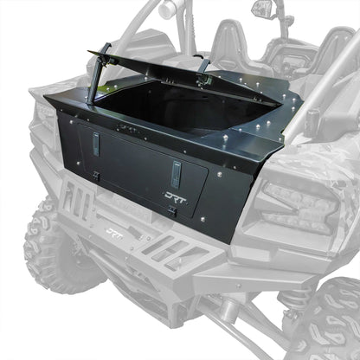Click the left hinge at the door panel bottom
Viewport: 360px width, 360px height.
click(97, 176)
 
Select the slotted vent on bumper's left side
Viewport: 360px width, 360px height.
click(77, 204)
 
